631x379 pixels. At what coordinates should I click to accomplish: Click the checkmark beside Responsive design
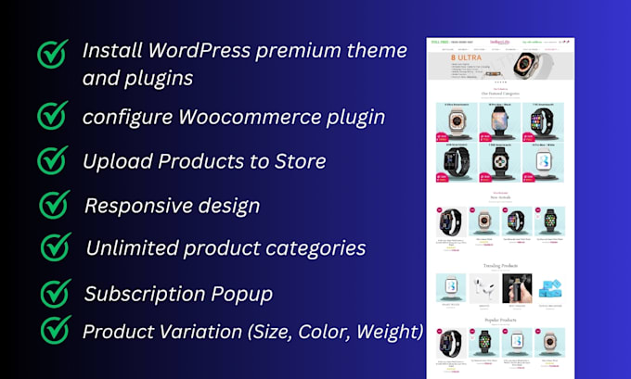[56, 204]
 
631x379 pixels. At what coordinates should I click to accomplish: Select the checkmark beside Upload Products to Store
[54, 159]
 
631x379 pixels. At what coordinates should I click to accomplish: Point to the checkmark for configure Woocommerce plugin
[53, 116]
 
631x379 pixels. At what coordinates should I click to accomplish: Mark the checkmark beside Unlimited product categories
[57, 247]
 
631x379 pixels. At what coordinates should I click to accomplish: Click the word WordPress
[197, 50]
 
